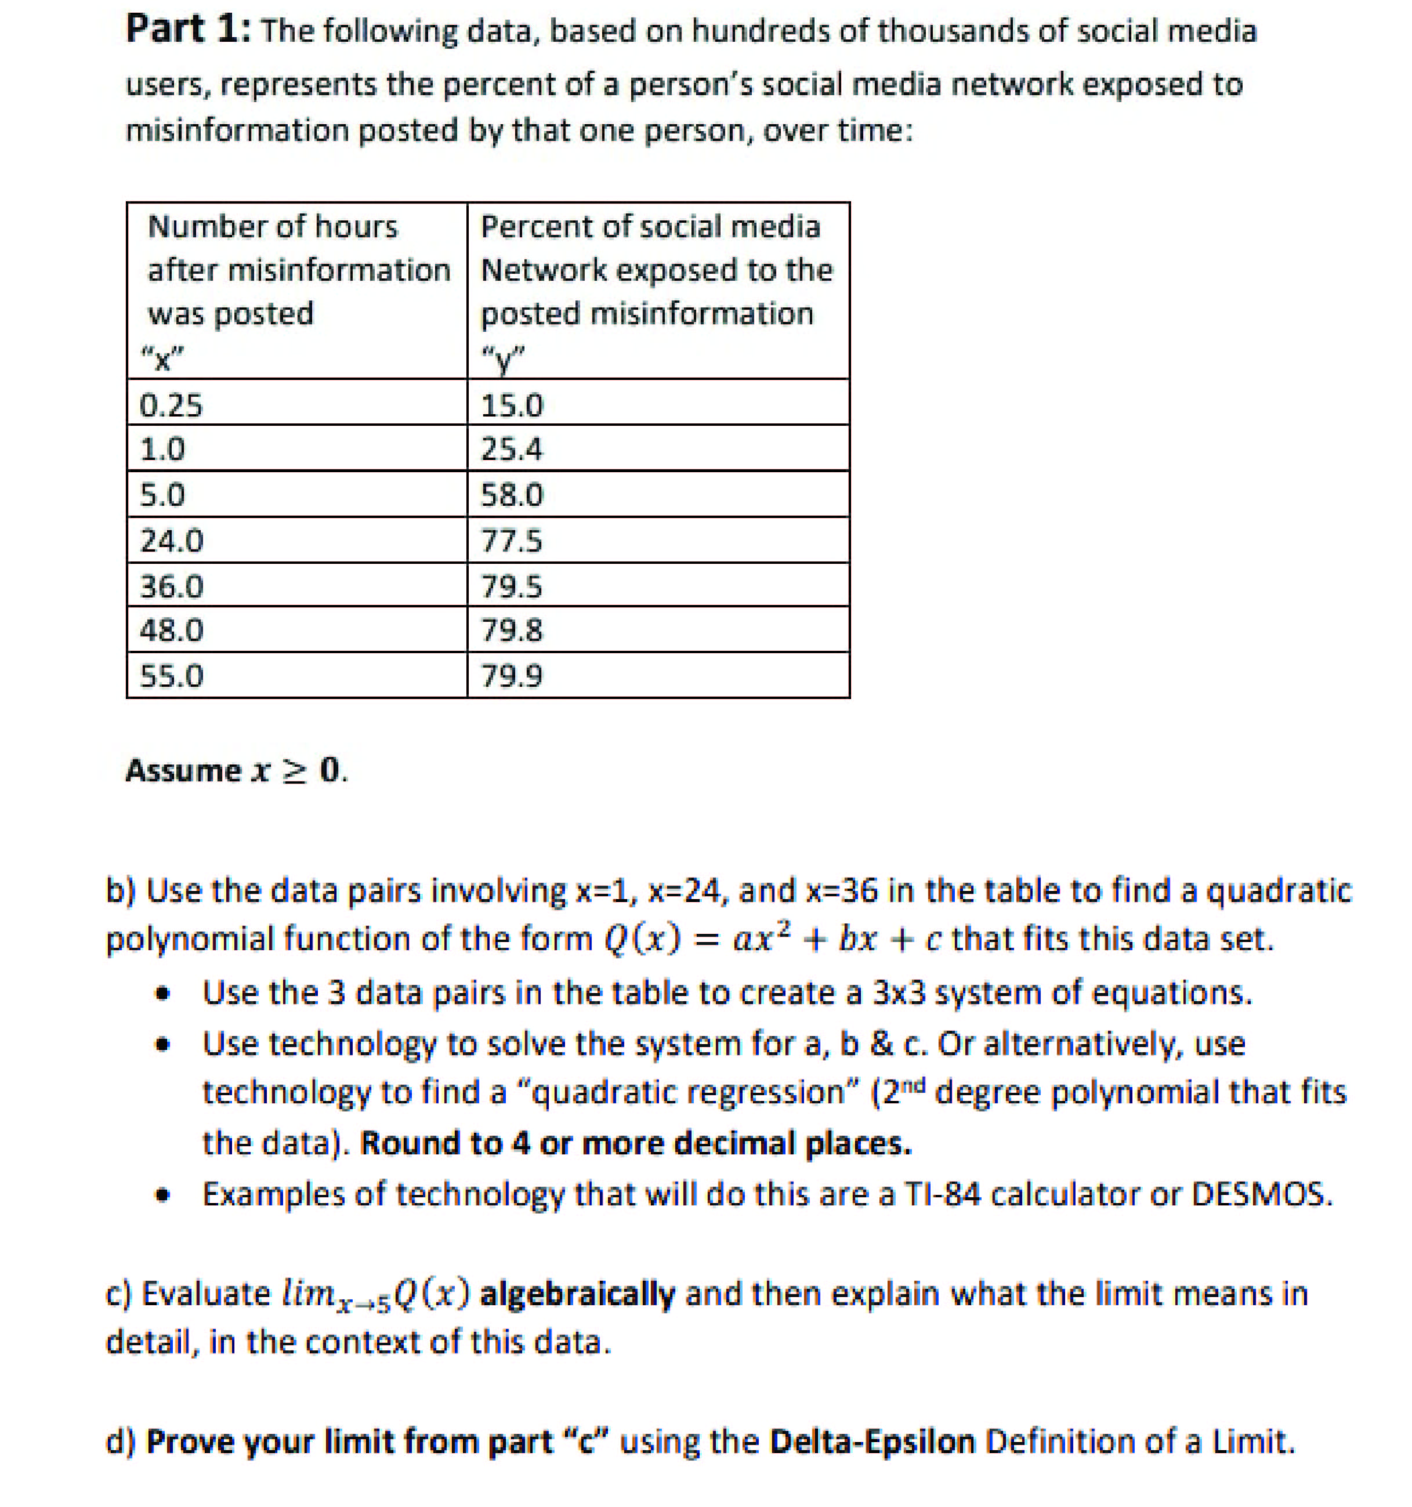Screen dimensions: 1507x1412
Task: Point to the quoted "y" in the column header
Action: pos(502,357)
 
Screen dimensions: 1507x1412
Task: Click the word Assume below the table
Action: pos(183,771)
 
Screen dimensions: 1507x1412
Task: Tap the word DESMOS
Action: pos(1261,1195)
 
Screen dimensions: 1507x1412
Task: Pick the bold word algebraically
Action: pos(578,1294)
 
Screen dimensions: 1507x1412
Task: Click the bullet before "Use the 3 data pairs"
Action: pos(161,994)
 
